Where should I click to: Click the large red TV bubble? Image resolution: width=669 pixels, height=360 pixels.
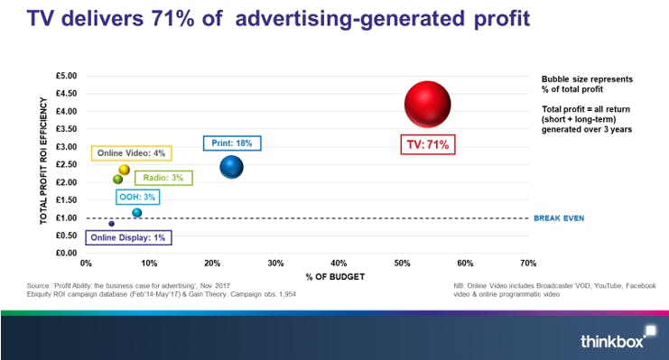pyautogui.click(x=427, y=105)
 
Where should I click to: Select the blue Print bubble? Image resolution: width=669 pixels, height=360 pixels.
pyautogui.click(x=232, y=167)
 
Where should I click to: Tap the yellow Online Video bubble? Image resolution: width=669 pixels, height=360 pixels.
pyautogui.click(x=125, y=170)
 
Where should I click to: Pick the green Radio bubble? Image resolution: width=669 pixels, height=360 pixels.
pyautogui.click(x=117, y=179)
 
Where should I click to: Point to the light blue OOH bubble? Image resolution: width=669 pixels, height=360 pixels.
pyautogui.click(x=136, y=213)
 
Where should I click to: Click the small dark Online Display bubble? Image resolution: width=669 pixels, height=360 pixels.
pyautogui.click(x=111, y=224)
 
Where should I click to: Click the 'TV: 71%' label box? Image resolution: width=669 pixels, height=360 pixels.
pyautogui.click(x=424, y=144)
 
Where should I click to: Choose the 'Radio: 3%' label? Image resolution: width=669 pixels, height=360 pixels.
pyautogui.click(x=163, y=178)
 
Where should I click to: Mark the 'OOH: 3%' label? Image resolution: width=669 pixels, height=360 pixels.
pyautogui.click(x=137, y=197)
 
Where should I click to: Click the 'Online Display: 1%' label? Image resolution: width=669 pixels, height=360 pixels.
pyautogui.click(x=128, y=238)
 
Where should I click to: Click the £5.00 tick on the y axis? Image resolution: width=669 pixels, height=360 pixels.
pyautogui.click(x=67, y=76)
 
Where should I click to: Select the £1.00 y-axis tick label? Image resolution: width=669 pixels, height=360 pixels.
pyautogui.click(x=67, y=217)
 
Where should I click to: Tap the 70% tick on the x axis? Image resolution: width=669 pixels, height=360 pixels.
pyautogui.click(x=528, y=263)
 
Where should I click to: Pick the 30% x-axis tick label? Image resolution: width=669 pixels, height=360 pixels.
pyautogui.click(x=275, y=263)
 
